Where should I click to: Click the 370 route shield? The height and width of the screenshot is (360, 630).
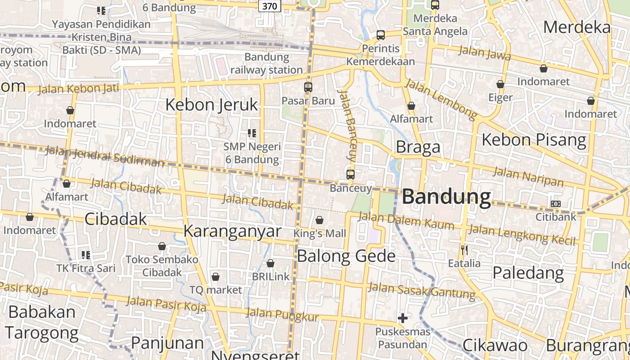click(270, 6)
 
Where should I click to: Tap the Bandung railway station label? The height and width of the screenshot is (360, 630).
click(266, 63)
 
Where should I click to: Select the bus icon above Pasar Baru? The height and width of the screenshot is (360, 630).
click(308, 87)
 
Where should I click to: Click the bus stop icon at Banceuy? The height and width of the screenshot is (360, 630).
click(351, 175)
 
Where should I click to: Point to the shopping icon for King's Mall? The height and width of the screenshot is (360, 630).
click(319, 220)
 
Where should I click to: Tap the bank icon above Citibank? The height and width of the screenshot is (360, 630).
click(556, 204)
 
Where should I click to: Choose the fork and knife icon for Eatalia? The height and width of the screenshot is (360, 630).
click(464, 250)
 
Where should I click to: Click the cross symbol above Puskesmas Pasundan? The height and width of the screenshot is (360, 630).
click(403, 319)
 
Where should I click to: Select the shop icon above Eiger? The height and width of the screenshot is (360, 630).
click(500, 85)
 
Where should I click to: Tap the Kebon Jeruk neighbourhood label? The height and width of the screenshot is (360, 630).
click(211, 105)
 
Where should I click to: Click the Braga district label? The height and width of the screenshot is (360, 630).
click(418, 147)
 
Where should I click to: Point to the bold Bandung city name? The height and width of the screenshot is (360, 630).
click(446, 198)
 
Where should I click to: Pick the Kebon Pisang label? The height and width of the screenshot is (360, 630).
click(534, 140)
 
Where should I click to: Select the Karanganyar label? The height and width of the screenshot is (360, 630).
click(232, 231)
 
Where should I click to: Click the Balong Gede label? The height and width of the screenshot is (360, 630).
click(346, 256)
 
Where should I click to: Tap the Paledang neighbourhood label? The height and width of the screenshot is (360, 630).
click(528, 273)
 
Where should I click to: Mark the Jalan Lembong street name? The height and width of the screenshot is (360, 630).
click(441, 100)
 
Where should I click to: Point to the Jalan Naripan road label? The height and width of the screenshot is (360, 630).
click(528, 176)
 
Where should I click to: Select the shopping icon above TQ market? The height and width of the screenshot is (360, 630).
click(216, 277)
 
